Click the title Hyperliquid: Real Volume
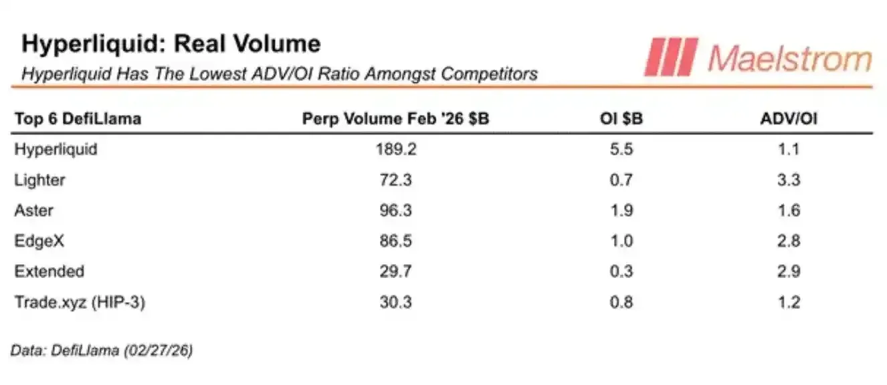click(x=171, y=44)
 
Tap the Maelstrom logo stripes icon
click(x=670, y=57)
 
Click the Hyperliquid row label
click(x=56, y=149)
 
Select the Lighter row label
click(x=39, y=180)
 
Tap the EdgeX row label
click(x=39, y=241)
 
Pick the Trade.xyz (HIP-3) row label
click(x=80, y=302)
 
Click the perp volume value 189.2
click(x=395, y=149)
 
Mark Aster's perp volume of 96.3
click(x=395, y=211)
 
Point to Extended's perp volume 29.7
click(x=395, y=271)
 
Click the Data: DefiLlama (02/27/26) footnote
click(x=102, y=350)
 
